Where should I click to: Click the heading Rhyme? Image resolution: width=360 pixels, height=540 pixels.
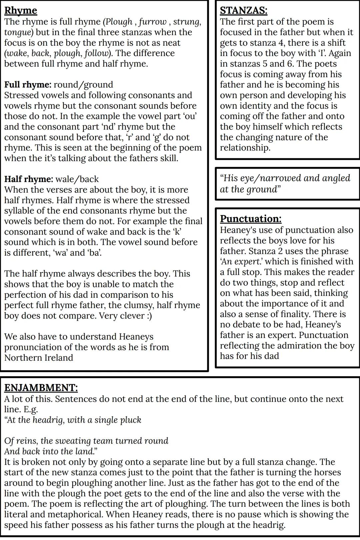[21, 11]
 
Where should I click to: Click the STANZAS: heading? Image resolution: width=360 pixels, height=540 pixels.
[243, 11]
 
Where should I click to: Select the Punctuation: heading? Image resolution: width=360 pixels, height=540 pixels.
[251, 219]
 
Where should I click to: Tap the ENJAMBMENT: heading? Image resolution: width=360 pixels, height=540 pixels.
[41, 388]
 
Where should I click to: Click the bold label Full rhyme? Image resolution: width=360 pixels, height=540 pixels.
[28, 85]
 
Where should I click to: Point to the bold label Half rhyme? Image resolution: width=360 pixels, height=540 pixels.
[28, 179]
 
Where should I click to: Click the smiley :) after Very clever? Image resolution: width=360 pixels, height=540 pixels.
[149, 316]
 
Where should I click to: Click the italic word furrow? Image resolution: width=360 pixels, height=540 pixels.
[153, 22]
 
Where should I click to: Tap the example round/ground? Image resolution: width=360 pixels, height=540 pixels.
[83, 85]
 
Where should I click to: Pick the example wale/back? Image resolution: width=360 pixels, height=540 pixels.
[77, 179]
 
